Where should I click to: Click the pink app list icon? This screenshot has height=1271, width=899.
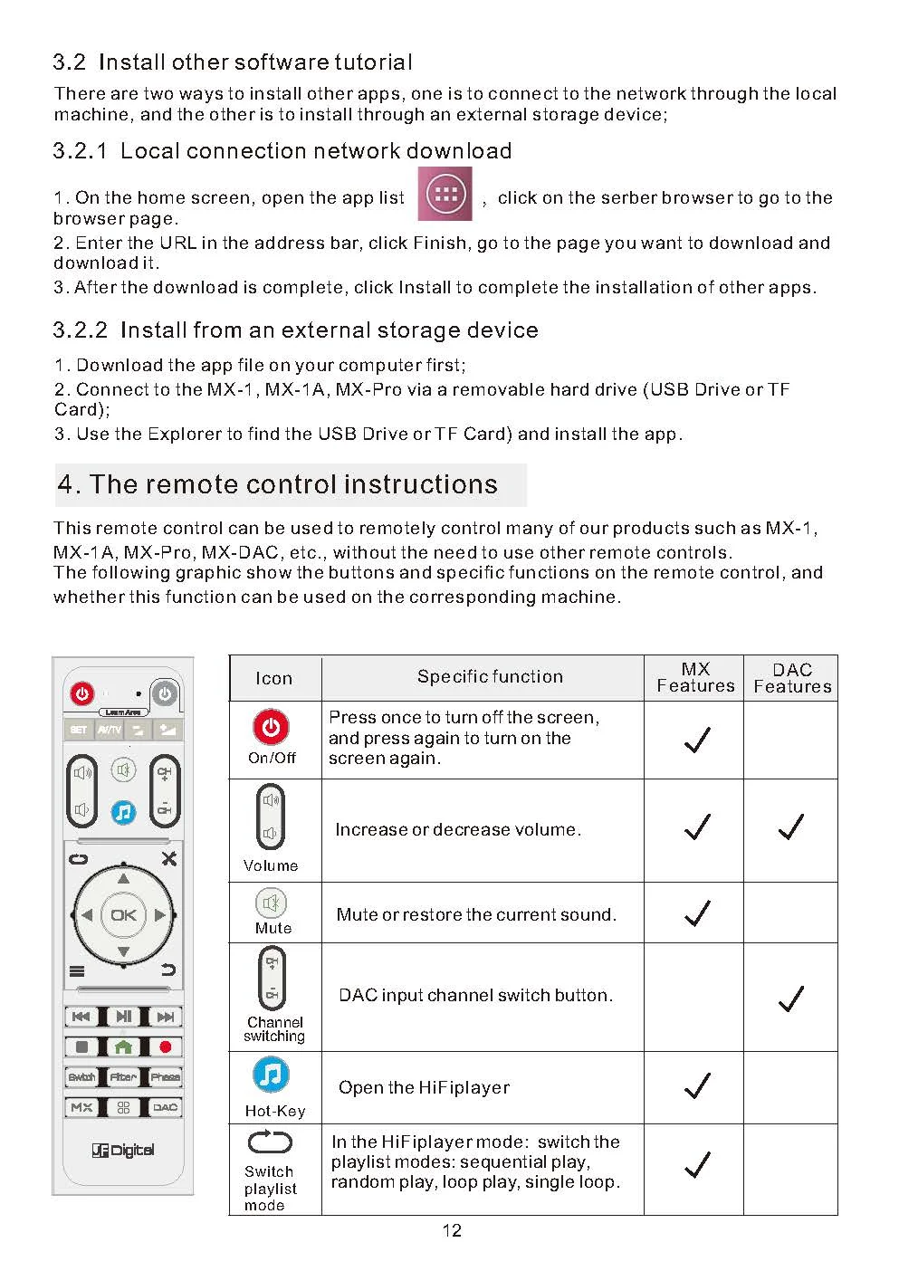click(445, 194)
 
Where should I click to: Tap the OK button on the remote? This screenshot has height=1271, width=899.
click(123, 914)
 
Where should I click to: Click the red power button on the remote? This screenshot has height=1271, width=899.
click(81, 693)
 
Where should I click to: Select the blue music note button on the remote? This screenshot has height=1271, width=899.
click(123, 813)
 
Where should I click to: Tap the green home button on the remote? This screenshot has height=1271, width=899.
click(123, 1046)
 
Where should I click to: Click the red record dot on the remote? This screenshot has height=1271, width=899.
click(165, 1046)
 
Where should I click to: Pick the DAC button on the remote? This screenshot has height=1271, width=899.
click(165, 1107)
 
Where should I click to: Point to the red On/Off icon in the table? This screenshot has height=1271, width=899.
click(271, 726)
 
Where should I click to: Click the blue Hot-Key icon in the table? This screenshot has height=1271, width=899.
click(271, 1075)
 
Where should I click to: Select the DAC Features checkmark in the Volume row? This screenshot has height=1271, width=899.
click(790, 827)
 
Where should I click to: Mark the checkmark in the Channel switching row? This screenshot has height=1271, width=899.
click(790, 999)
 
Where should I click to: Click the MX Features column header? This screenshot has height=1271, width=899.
click(695, 677)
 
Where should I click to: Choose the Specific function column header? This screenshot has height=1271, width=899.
click(491, 676)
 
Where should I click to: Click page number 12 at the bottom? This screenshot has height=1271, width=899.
click(452, 1230)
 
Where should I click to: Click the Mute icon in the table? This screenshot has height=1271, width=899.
click(272, 903)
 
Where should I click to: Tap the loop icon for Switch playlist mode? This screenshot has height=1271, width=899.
click(270, 1142)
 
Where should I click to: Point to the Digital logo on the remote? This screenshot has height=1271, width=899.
click(123, 1150)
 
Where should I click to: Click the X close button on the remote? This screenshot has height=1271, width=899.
click(168, 858)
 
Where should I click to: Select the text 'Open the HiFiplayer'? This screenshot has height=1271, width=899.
click(424, 1088)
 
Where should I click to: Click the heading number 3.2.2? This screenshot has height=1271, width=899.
click(80, 330)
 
